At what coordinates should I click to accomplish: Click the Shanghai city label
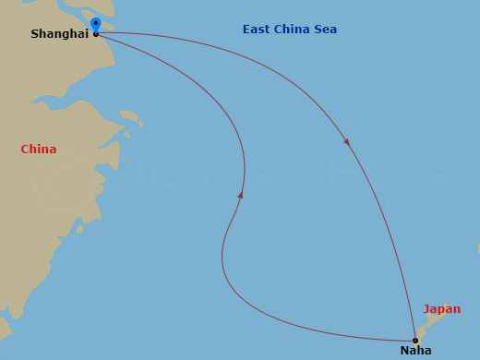pos(59,34)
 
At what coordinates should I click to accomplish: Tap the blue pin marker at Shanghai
pos(96,23)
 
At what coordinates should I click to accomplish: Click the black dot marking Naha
pos(415,341)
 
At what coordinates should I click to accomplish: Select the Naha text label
pos(415,351)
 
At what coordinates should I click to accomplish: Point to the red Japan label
pos(441,309)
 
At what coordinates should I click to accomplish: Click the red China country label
pos(39,150)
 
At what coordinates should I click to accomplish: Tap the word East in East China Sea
pos(258,30)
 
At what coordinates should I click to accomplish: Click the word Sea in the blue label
pos(325,30)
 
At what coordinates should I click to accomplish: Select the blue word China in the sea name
pos(293,30)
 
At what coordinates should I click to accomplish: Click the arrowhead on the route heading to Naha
pos(346,141)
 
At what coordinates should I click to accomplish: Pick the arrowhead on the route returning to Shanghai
pos(241,195)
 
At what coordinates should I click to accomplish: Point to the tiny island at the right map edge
pos(477,247)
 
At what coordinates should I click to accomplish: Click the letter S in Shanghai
pos(35,34)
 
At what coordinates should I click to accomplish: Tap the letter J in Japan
pos(426,309)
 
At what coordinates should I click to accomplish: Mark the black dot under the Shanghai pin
pos(96,33)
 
